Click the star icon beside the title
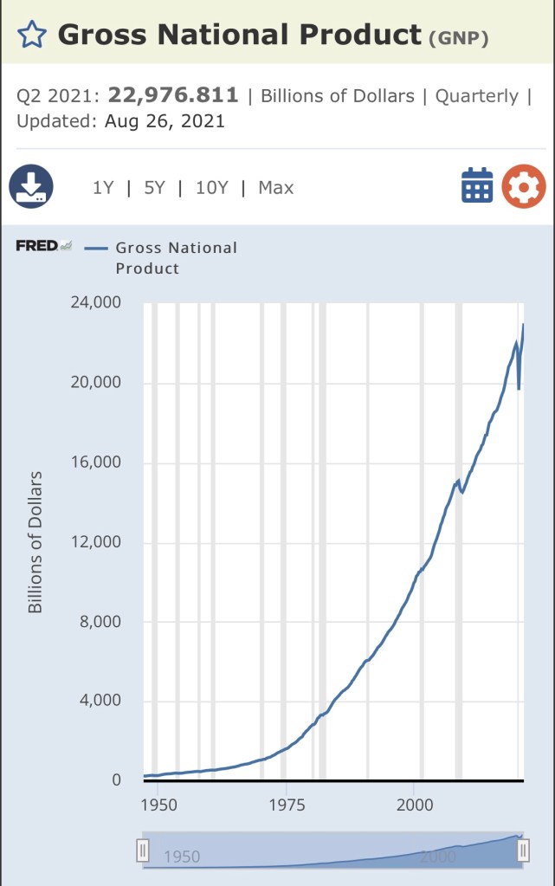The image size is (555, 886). (32, 35)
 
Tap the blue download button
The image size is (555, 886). (31, 186)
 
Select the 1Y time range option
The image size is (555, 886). (103, 187)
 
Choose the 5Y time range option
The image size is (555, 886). (154, 187)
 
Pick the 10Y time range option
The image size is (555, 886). (211, 187)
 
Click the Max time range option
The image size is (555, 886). (276, 187)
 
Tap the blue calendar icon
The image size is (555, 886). (477, 186)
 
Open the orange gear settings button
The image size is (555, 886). (524, 186)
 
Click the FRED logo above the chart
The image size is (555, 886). (43, 246)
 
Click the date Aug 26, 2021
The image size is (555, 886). (165, 121)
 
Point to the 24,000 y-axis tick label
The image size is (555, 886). (97, 303)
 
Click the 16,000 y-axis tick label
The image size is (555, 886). (97, 462)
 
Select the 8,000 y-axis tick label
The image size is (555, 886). (101, 622)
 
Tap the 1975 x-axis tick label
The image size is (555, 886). (286, 805)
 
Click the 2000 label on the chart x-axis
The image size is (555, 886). (414, 805)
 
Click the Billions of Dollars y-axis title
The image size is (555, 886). (35, 542)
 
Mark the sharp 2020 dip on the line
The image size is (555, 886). (519, 388)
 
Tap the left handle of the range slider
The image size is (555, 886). (143, 851)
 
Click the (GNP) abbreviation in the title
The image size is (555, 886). (459, 38)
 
